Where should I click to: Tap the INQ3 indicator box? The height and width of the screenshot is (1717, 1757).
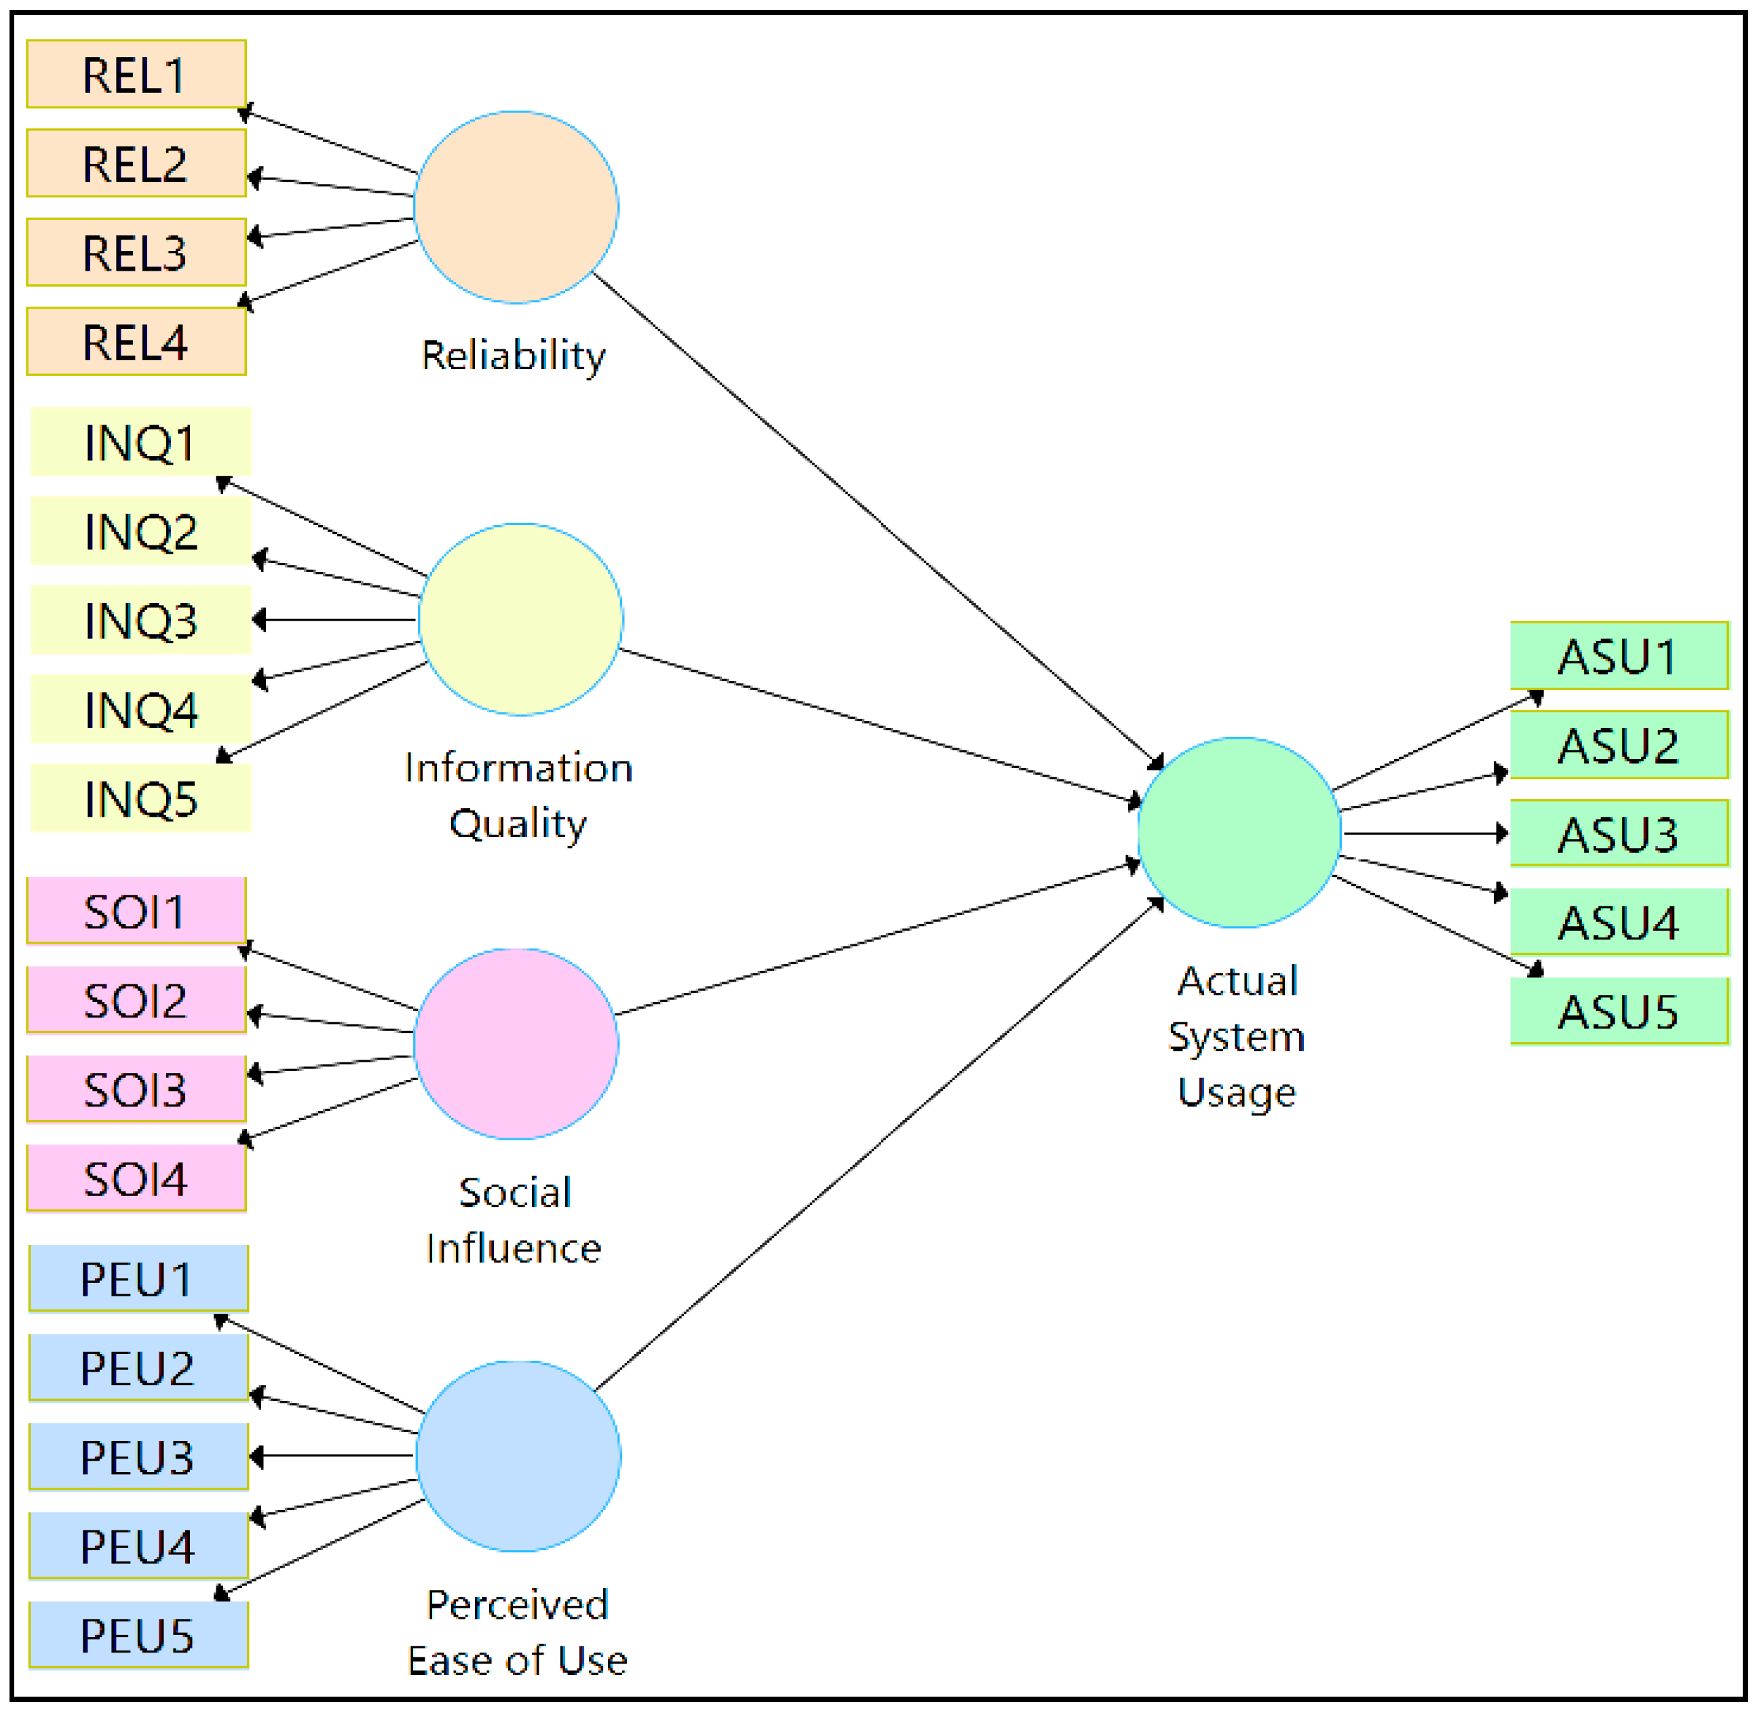coord(140,621)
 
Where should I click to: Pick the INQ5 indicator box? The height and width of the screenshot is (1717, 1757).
coord(140,799)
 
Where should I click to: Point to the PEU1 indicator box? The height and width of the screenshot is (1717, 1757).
coord(138,1279)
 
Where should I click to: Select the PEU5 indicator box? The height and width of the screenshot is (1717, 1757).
coord(138,1636)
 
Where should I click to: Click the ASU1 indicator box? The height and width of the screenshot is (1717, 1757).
coord(1619,655)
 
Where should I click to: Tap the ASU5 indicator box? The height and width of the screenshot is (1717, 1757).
coord(1619,1011)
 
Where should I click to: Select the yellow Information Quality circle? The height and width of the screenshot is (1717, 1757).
coord(520,619)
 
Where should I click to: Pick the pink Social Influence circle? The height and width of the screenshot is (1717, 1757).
coord(516,1044)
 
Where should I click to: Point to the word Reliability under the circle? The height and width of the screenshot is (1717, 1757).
coord(514,355)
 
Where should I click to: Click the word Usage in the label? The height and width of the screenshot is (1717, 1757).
coord(1237,1092)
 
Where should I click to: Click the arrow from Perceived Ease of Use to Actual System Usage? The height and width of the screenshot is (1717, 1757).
coord(879,1145)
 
